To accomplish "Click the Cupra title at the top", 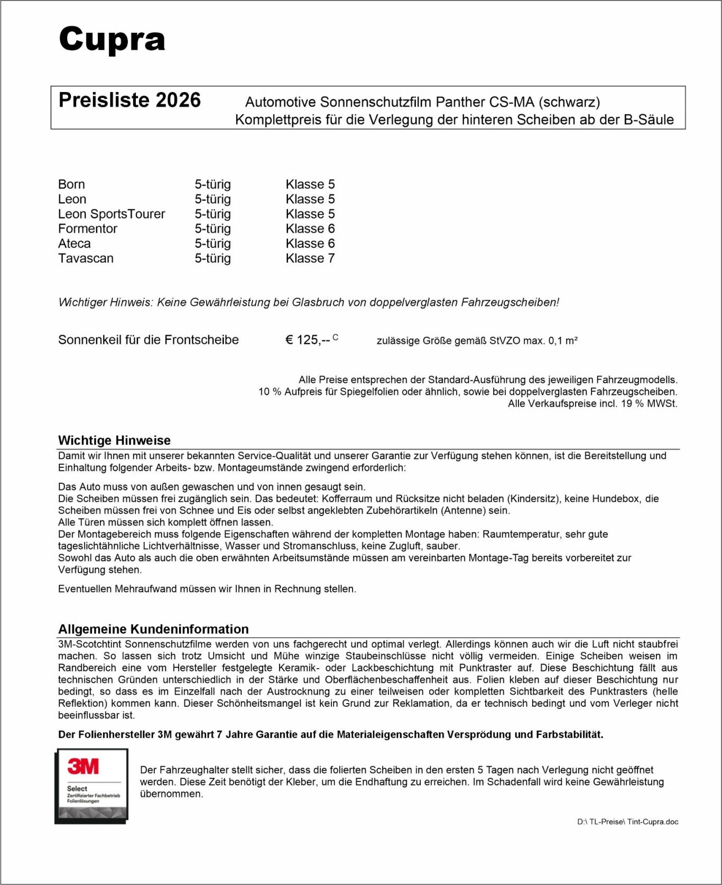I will click(x=112, y=40).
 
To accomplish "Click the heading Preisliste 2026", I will click(x=129, y=100).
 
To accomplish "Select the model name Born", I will click(x=71, y=185).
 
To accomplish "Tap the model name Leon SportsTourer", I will click(x=112, y=214).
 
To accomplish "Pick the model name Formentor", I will click(x=88, y=229).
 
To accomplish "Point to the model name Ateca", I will click(x=75, y=244).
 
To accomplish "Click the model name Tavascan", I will click(x=86, y=259).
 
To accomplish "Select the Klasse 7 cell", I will click(x=310, y=259).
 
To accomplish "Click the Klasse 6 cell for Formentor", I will click(x=310, y=229).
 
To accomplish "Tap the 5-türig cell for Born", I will click(x=212, y=185).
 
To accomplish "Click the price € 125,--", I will click(x=309, y=340).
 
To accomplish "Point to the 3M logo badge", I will click(x=91, y=786).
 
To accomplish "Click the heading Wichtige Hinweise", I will click(x=114, y=440).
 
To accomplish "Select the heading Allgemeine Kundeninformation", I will click(x=153, y=629).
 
